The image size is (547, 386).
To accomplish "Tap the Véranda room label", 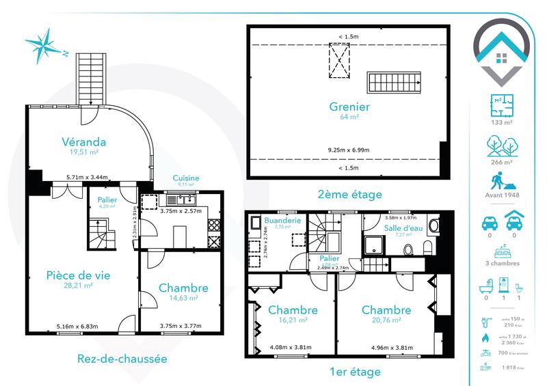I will (x=81, y=142).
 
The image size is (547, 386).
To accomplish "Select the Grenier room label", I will (x=349, y=107).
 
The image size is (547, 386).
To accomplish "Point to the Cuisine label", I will (x=185, y=178).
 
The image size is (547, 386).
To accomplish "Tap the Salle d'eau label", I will (x=402, y=228).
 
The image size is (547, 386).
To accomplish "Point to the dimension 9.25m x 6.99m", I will (x=349, y=149).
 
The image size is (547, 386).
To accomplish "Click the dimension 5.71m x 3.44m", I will (x=86, y=178).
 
